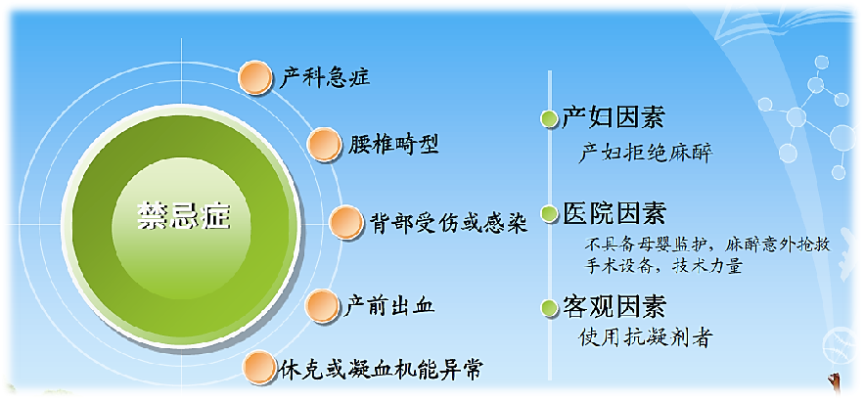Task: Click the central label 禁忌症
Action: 184,217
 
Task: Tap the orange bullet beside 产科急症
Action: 255,77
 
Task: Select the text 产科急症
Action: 325,78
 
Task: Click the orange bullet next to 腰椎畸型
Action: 324,145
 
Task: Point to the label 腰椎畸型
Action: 393,145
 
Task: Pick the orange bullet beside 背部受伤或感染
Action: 346,222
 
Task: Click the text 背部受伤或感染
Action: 449,223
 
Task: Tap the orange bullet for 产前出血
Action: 322,305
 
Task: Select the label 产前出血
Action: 389,305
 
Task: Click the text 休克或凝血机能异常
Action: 381,368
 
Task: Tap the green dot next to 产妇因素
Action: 549,119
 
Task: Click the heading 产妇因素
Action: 614,117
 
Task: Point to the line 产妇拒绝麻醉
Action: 646,153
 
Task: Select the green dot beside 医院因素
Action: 549,214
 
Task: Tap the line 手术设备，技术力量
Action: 664,266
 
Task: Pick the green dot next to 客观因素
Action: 549,308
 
